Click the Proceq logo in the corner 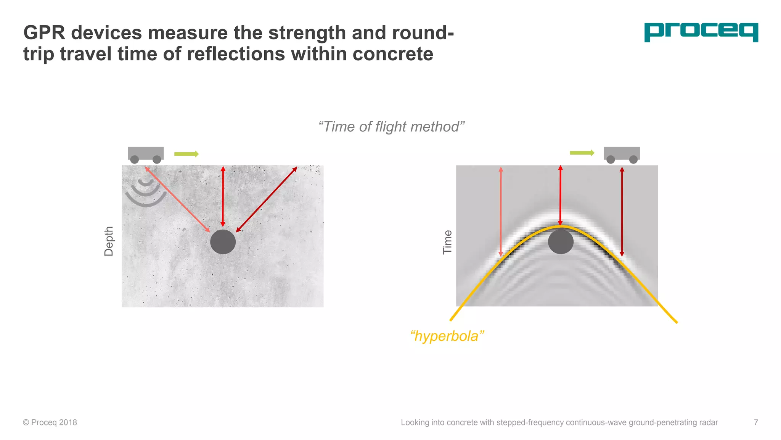click(x=701, y=32)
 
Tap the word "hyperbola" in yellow click(x=447, y=336)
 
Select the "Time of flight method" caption click(x=391, y=127)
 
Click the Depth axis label click(x=109, y=241)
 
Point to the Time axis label click(x=447, y=242)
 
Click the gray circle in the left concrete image click(x=223, y=242)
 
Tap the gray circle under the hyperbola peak click(x=561, y=242)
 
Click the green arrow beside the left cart click(x=186, y=154)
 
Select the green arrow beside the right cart click(x=582, y=153)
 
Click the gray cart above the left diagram click(x=146, y=154)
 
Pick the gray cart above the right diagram click(x=622, y=154)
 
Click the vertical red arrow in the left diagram click(x=223, y=196)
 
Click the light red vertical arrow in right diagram click(x=501, y=212)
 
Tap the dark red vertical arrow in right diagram click(x=622, y=212)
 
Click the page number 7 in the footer click(x=756, y=422)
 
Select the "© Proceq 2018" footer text click(x=50, y=422)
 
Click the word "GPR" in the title click(x=44, y=33)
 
